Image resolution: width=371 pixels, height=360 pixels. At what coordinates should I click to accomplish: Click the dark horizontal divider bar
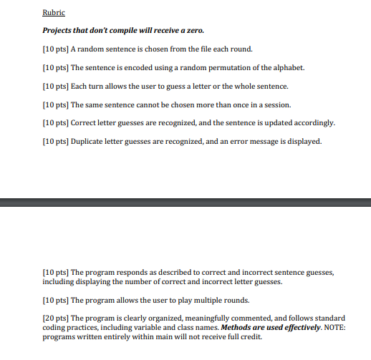[185, 185]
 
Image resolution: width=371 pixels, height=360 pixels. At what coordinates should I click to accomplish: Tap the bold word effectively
[285, 328]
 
